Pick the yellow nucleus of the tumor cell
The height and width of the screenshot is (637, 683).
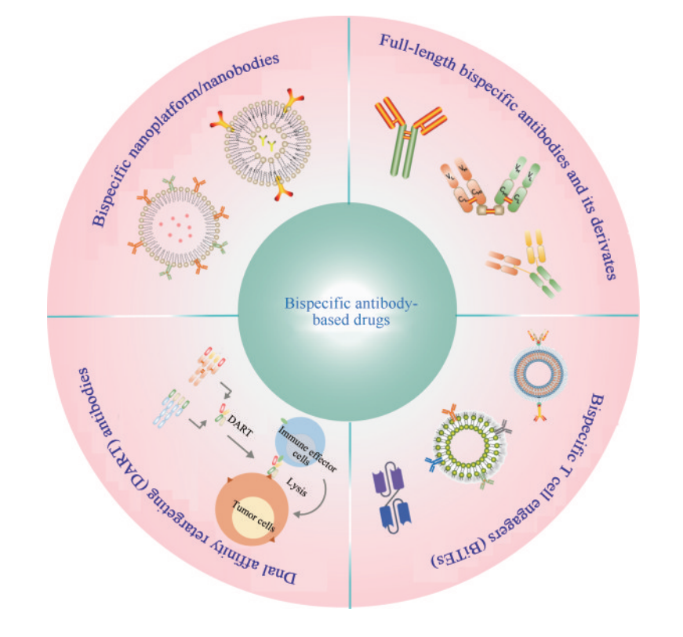coord(253,518)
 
